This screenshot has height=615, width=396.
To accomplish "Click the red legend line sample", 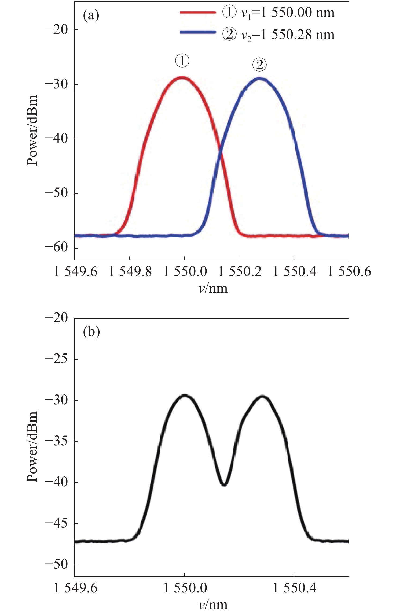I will (x=198, y=12).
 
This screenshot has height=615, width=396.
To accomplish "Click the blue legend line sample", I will (x=198, y=32).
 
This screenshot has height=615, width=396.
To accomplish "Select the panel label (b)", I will (x=91, y=332).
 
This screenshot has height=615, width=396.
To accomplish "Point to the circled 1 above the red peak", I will (x=182, y=61).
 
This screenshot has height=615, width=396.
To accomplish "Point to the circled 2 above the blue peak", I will (x=259, y=65).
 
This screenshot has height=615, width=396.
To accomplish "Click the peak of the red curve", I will (x=182, y=77).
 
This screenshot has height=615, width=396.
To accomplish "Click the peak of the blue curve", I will (x=259, y=78).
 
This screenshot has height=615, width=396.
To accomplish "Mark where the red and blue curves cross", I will (x=221, y=152).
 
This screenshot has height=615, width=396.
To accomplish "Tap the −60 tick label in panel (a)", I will (x=56, y=247).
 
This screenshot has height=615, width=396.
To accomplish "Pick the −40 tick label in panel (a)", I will (x=56, y=139).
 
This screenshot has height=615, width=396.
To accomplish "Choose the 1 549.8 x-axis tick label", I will (x=130, y=272).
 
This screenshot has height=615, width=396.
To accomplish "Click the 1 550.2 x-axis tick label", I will (x=240, y=272).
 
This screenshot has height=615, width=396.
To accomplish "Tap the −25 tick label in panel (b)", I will (x=56, y=359).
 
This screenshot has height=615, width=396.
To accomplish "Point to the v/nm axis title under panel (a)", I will (x=213, y=288).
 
